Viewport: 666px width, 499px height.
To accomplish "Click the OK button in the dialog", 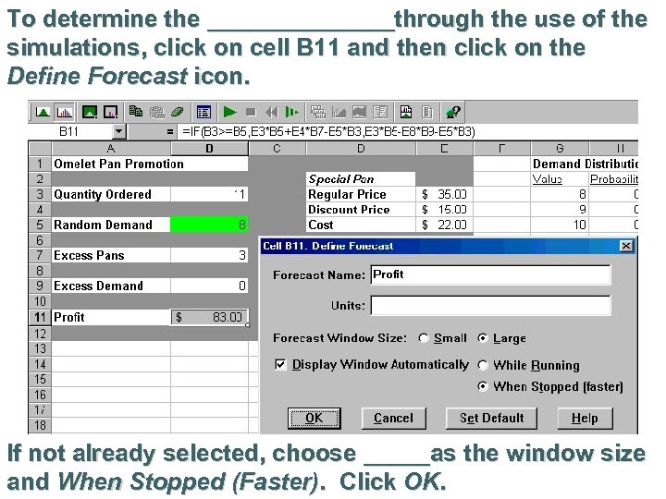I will pyautogui.click(x=314, y=418).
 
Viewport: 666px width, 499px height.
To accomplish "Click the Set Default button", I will pyautogui.click(x=491, y=418).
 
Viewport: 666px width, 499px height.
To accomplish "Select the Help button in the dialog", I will pyautogui.click(x=585, y=418).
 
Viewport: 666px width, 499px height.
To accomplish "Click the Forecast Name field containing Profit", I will pyautogui.click(x=490, y=274).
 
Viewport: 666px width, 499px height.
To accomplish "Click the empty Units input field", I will pyautogui.click(x=490, y=305).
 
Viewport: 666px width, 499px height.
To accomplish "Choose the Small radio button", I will pyautogui.click(x=424, y=338).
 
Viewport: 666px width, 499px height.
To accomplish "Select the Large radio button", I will pyautogui.click(x=483, y=338).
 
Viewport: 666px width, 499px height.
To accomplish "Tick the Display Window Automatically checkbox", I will pyautogui.click(x=281, y=365).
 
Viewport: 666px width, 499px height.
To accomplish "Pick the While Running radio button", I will pyautogui.click(x=483, y=365).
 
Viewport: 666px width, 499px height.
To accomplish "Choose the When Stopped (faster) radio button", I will pyautogui.click(x=483, y=387).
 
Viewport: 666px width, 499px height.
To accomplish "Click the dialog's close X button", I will pyautogui.click(x=626, y=246).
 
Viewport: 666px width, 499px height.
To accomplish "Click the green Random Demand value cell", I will pyautogui.click(x=210, y=225).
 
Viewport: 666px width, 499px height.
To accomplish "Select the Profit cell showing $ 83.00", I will pyautogui.click(x=210, y=317).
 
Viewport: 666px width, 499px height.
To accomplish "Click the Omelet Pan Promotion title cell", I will pyautogui.click(x=118, y=164).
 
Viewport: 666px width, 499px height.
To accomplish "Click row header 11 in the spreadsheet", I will pyautogui.click(x=40, y=317).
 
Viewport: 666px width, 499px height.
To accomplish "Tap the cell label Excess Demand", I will pyautogui.click(x=98, y=286).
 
